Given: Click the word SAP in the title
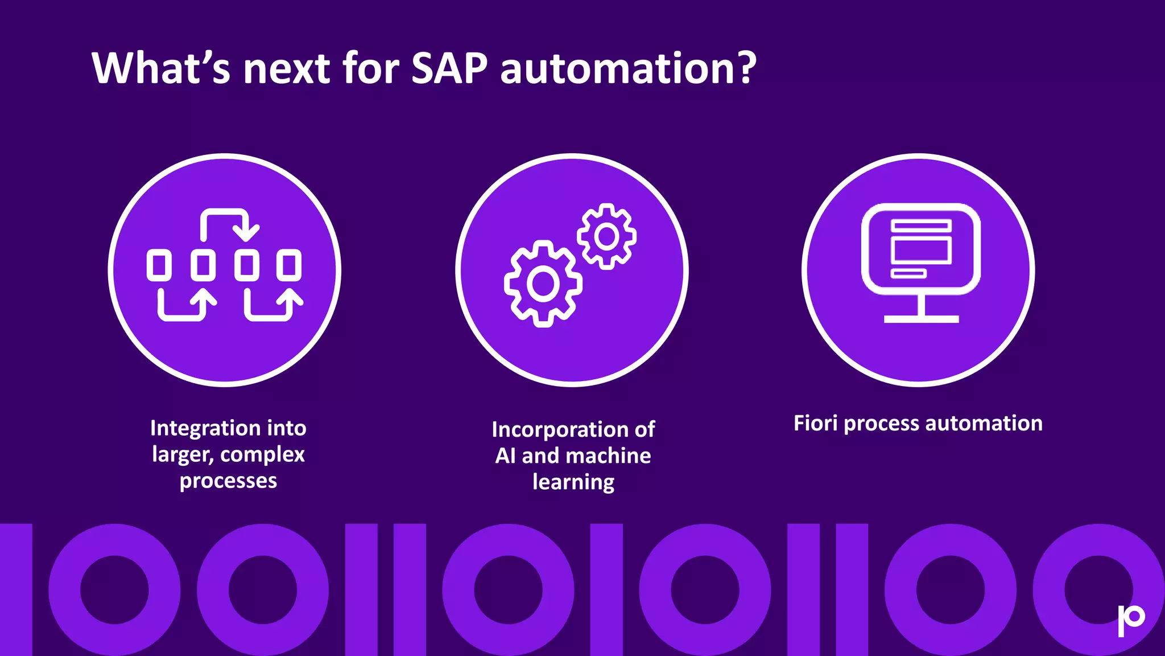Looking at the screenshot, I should tap(449, 68).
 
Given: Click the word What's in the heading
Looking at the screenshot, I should tap(161, 68).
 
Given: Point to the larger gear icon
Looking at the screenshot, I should tap(543, 284).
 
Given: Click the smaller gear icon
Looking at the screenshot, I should tap(606, 236).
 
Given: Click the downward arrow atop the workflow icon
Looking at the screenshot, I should tap(246, 231).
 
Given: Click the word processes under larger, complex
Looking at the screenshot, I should tap(228, 481).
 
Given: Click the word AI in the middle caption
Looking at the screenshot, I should tap(505, 456).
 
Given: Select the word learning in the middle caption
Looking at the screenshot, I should tap(573, 482).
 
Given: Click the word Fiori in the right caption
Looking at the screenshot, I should tap(816, 423).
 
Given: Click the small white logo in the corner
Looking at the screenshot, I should tap(1130, 620).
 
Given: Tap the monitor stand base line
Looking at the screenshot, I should tap(921, 319).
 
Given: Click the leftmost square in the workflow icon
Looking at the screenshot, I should tap(159, 265).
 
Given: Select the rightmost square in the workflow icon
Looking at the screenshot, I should tap(289, 265).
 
